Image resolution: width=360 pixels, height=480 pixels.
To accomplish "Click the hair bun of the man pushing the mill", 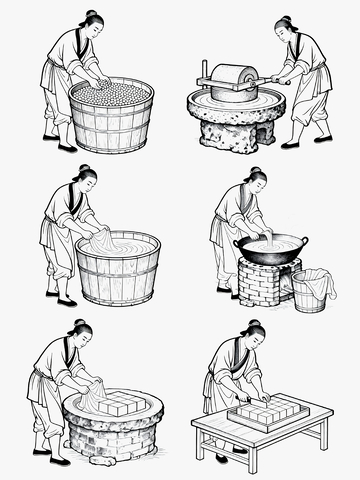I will [284, 19].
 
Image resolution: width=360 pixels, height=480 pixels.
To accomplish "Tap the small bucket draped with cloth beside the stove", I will [313, 291].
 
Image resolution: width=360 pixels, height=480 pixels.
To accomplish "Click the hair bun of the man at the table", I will [256, 324].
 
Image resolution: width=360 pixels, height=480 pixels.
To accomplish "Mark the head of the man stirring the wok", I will [256, 181].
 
